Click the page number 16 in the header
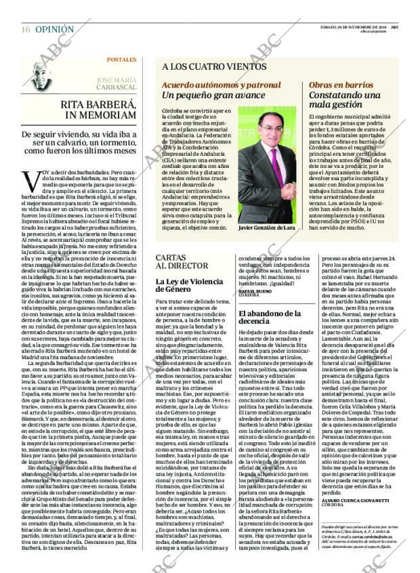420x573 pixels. (26, 30)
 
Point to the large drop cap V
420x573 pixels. (30, 181)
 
